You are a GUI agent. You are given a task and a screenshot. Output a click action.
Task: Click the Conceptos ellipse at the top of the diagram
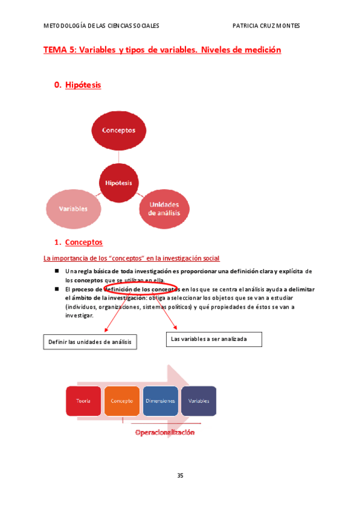118,130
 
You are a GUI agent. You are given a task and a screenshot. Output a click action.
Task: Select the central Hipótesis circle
118,182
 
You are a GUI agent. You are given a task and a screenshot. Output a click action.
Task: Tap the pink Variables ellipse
73,208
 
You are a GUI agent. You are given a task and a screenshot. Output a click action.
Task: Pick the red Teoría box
83,400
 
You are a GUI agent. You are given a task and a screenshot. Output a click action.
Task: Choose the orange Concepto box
122,400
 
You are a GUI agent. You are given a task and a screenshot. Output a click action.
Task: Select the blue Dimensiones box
160,400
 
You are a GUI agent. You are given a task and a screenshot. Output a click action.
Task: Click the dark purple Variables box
199,400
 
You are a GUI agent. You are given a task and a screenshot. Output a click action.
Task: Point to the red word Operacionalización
164,432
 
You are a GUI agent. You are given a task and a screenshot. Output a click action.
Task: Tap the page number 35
180,476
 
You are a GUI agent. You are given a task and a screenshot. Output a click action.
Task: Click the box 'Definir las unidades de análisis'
90,342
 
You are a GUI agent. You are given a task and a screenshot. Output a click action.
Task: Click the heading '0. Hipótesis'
77,85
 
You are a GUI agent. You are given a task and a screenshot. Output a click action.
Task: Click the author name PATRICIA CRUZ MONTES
266,26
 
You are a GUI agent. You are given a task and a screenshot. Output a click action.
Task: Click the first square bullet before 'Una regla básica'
56,271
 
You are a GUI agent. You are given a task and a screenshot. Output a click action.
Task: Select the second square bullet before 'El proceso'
56,289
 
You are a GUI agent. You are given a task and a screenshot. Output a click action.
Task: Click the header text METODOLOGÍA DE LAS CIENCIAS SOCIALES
101,26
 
